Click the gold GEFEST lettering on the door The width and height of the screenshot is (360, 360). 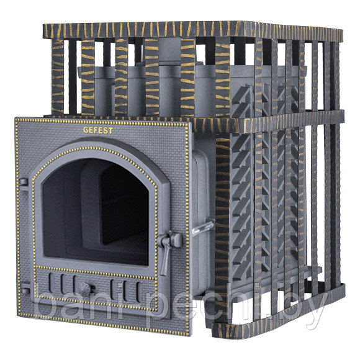click(98, 130)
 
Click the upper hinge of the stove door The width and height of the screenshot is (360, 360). click(23, 182)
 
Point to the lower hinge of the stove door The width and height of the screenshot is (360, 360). click(25, 291)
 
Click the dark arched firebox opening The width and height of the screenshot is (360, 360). click(96, 211)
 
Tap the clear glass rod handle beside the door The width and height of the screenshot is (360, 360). click(202, 228)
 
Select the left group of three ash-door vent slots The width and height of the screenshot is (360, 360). click(62, 284)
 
